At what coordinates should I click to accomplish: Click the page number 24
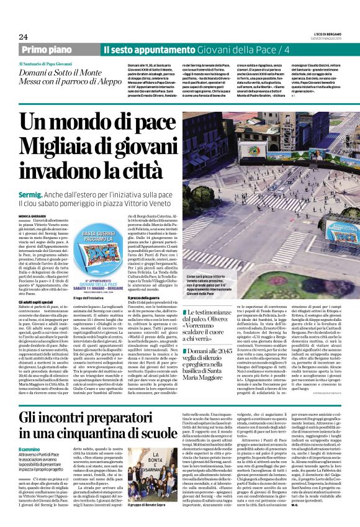(24, 36)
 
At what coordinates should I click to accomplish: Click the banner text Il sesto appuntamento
(145, 49)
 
